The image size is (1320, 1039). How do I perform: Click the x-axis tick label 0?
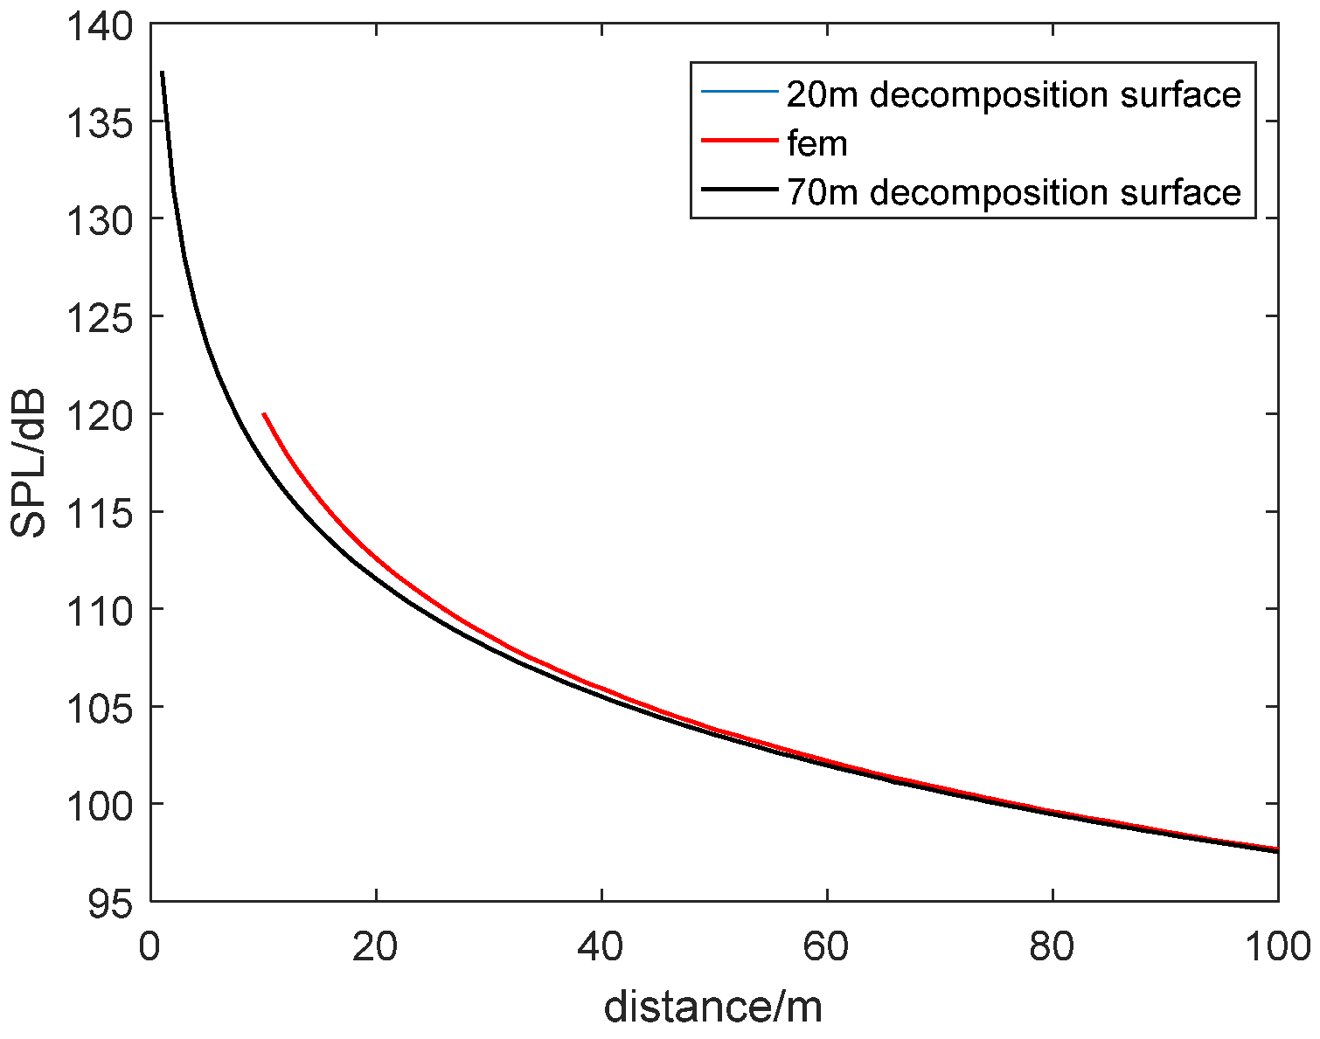150,947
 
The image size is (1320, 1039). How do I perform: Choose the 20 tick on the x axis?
376,947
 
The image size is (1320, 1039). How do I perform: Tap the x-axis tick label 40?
601,947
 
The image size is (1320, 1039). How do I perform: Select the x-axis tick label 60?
827,947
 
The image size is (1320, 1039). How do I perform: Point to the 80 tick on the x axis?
1053,947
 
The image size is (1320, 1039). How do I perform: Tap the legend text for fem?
817,143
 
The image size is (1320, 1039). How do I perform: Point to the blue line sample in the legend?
739,92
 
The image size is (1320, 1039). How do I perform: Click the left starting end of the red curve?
264,414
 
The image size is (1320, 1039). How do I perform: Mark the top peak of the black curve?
163,73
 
